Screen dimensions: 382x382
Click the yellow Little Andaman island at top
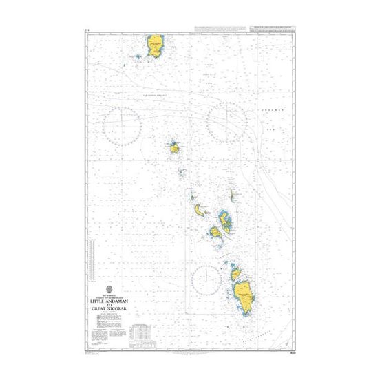pyautogui.click(x=155, y=45)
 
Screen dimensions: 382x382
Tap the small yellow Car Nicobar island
pyautogui.click(x=174, y=147)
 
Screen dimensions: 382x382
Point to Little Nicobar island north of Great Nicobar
pyautogui.click(x=236, y=275)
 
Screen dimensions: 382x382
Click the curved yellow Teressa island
pyautogui.click(x=201, y=210)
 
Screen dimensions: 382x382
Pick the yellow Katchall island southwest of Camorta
pyautogui.click(x=215, y=231)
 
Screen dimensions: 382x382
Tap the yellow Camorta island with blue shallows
pyautogui.click(x=226, y=220)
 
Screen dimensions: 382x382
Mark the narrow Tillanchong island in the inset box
pyautogui.click(x=233, y=196)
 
